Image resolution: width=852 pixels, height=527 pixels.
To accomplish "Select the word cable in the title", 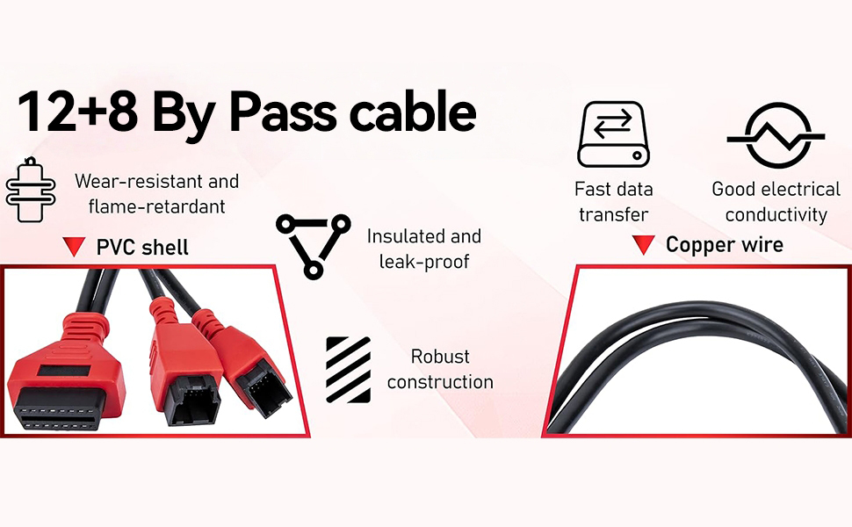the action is [x=414, y=113].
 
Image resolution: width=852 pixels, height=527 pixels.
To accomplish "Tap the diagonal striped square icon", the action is [x=348, y=369].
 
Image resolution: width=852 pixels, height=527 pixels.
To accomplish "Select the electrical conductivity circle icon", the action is [x=776, y=137].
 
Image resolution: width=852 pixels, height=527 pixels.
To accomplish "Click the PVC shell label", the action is [x=142, y=248].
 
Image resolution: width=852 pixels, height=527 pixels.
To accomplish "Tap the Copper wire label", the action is [x=724, y=244].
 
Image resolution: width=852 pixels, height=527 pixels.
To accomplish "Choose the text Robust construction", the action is [x=440, y=369].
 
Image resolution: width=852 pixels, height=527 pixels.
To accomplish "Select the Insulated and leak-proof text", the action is [x=424, y=249].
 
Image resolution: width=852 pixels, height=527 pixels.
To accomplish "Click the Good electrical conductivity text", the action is [x=776, y=201].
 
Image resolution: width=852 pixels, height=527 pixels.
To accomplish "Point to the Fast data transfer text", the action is [x=613, y=201].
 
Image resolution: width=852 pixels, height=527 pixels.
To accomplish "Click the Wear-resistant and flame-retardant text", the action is [x=156, y=194].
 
